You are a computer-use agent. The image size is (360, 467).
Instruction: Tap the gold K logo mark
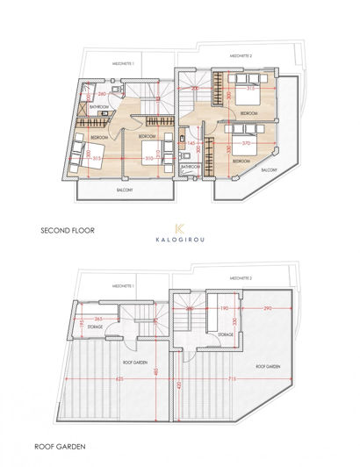click(x=180, y=227)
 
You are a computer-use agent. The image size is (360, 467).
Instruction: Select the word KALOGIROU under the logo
click(x=180, y=245)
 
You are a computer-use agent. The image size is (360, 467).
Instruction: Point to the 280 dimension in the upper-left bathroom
click(x=101, y=92)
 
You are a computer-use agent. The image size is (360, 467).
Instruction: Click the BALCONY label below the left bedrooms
click(x=125, y=189)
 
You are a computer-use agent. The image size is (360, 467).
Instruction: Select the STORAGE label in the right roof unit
click(x=225, y=334)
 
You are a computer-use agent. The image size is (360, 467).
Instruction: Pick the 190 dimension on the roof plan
click(x=224, y=309)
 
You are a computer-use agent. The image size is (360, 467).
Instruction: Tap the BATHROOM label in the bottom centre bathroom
click(x=191, y=165)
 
